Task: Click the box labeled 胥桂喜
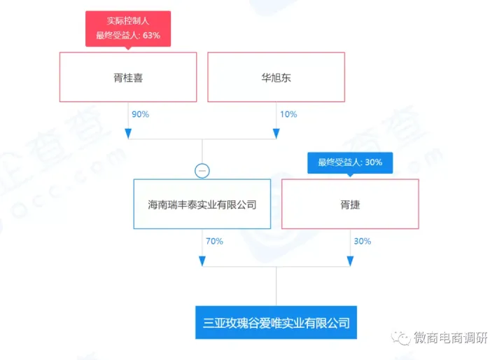128,78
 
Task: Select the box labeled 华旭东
276,78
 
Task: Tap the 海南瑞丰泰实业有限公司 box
202,205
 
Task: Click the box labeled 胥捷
350,205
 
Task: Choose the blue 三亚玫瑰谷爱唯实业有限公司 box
276,323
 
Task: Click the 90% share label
139,114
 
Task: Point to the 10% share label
288,114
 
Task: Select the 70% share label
213,241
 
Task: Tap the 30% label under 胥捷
362,241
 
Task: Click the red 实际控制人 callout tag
128,28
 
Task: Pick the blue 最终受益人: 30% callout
350,162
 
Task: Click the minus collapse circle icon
202,169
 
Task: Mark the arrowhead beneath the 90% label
128,132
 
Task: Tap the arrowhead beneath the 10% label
276,132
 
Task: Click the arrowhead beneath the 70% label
202,261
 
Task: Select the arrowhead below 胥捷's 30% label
350,261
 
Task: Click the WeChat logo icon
402,338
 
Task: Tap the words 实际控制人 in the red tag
128,21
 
